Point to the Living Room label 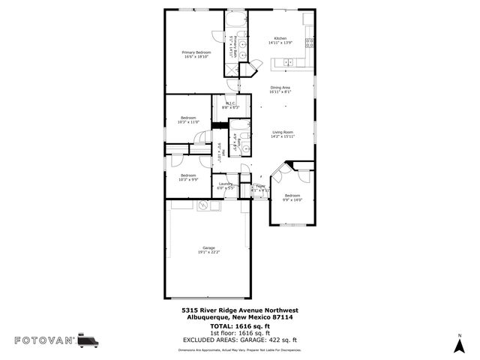tap(283, 133)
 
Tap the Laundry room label tap(225, 184)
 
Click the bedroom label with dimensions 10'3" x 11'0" tap(187, 119)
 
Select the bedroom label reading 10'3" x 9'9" tap(187, 177)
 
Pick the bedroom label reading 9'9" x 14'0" tap(292, 197)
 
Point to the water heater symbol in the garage tap(202, 205)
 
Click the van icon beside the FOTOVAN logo tap(88, 340)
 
